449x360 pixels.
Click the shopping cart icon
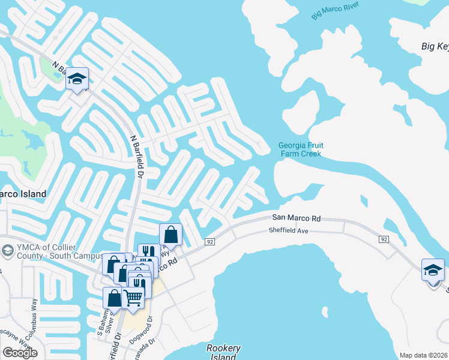pyautogui.click(x=133, y=296)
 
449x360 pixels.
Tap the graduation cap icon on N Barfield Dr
pyautogui.click(x=77, y=79)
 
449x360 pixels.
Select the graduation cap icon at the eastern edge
pyautogui.click(x=433, y=270)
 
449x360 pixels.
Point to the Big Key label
pyautogui.click(x=435, y=46)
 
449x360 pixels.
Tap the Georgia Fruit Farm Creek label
pyautogui.click(x=300, y=149)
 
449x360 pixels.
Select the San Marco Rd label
pyautogui.click(x=297, y=218)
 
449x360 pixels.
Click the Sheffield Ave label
pyautogui.click(x=288, y=230)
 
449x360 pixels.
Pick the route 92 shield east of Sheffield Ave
pyautogui.click(x=383, y=239)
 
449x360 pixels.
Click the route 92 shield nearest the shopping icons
pyautogui.click(x=209, y=242)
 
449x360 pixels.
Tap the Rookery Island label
pyautogui.click(x=223, y=352)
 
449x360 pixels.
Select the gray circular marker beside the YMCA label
pyautogui.click(x=8, y=250)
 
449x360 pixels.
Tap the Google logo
pyautogui.click(x=20, y=353)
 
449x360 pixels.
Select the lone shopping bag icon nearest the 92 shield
pyautogui.click(x=170, y=235)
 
